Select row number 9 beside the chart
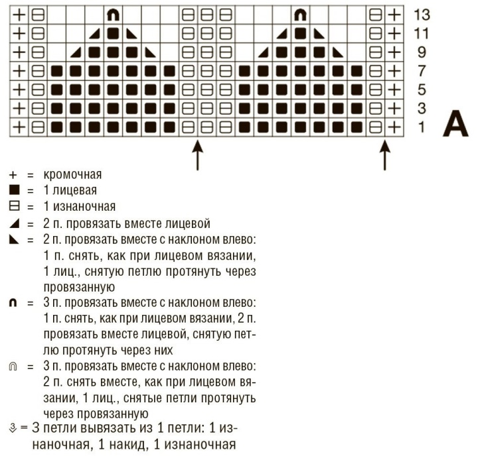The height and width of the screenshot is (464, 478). [x=421, y=52]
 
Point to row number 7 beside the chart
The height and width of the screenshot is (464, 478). [x=421, y=70]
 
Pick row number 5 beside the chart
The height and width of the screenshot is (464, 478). [x=421, y=89]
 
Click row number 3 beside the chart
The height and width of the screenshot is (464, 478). [x=421, y=107]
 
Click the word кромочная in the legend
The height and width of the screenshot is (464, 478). [x=72, y=175]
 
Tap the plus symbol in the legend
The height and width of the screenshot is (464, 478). [x=13, y=175]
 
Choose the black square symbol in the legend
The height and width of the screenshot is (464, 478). [x=13, y=191]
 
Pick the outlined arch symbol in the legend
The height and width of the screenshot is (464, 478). [x=13, y=367]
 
